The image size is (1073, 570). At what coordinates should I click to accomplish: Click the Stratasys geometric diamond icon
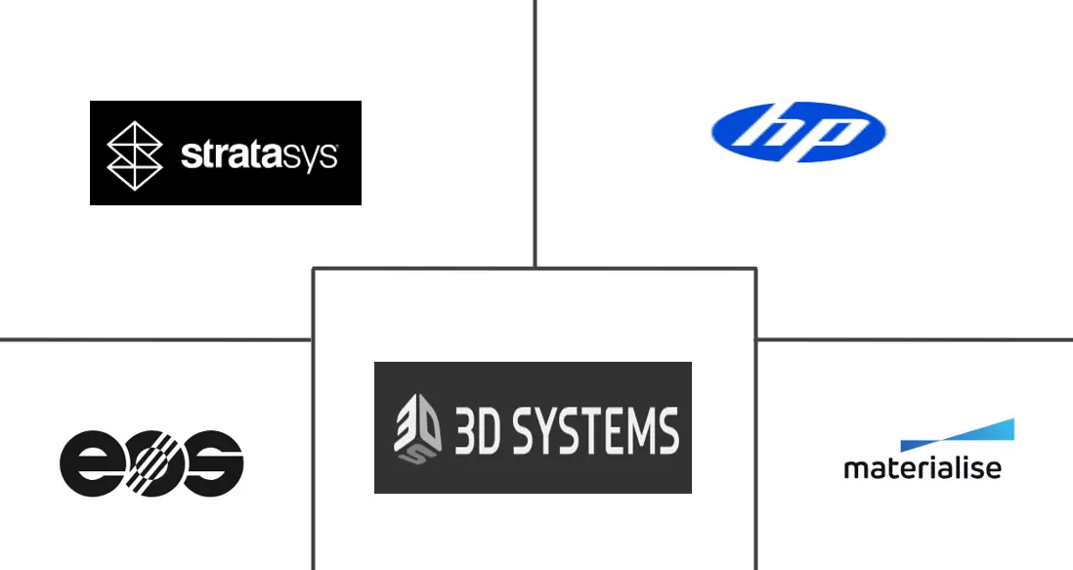[135, 155]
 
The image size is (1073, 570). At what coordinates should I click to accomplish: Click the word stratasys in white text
[259, 156]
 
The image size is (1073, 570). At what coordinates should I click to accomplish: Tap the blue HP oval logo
[798, 132]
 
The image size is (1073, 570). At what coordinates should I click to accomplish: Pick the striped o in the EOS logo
[151, 463]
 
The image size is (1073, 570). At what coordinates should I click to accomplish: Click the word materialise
[923, 468]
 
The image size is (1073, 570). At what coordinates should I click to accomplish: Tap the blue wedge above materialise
[957, 435]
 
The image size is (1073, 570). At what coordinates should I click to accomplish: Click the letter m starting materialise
[856, 470]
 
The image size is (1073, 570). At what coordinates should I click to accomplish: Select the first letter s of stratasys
[190, 156]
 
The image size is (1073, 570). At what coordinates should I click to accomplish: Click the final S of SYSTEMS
[667, 431]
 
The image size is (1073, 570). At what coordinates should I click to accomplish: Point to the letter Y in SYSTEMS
[550, 431]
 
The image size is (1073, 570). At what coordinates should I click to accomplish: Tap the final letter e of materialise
[994, 470]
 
